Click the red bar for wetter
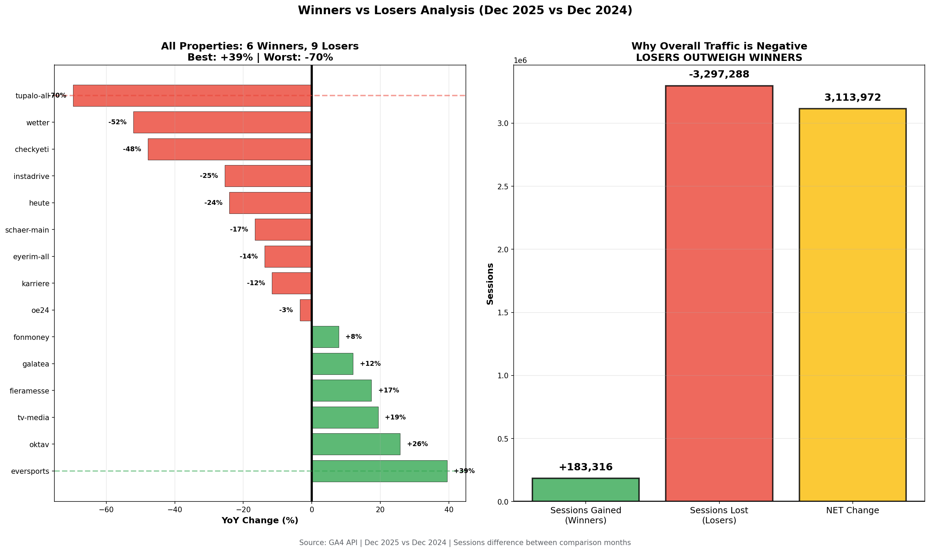coord(222,123)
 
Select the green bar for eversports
coord(379,471)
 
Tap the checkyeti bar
coord(229,149)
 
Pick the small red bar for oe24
coord(305,310)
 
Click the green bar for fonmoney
coord(325,337)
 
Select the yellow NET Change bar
coord(852,305)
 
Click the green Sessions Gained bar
coord(585,490)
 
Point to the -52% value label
coord(117,123)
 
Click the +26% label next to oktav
coord(417,444)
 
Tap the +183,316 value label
coord(585,467)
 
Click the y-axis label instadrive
coord(31,176)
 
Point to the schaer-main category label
coord(27,230)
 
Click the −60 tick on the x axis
coord(106,509)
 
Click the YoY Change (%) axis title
coord(259,521)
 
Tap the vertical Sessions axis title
coord(490,284)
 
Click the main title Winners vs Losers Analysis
coord(464,10)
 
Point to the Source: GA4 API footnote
coord(464,543)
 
